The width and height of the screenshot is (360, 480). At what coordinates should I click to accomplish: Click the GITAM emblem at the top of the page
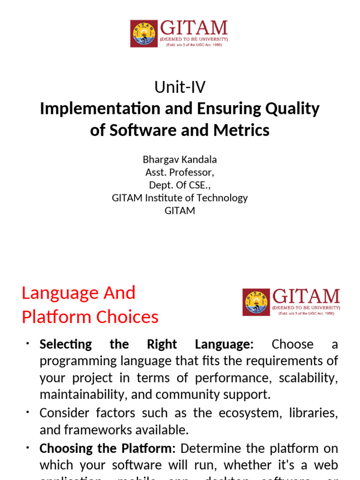(144, 33)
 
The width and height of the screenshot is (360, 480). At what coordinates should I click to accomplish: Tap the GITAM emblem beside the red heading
(256, 301)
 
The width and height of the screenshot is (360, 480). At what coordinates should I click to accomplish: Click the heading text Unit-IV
(180, 87)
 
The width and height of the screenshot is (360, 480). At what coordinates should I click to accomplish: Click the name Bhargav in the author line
(160, 159)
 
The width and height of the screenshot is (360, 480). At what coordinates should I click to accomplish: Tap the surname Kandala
(199, 159)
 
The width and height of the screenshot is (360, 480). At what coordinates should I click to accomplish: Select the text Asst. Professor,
(180, 172)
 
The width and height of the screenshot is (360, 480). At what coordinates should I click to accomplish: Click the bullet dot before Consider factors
(28, 412)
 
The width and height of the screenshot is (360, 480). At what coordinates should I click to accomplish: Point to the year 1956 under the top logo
(216, 45)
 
